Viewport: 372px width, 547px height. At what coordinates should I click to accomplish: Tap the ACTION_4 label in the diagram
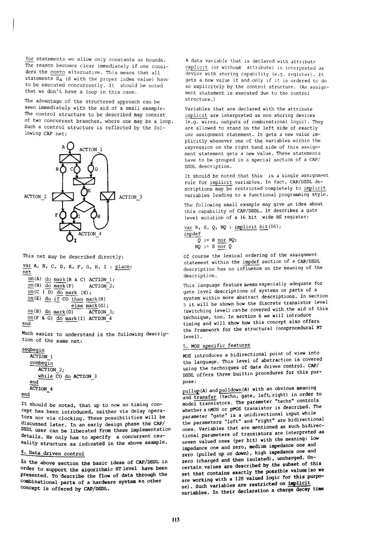click(90, 234)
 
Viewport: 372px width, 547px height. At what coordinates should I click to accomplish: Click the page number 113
click(176, 520)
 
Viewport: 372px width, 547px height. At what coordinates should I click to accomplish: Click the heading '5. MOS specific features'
click(217, 346)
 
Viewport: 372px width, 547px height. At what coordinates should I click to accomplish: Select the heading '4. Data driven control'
click(53, 453)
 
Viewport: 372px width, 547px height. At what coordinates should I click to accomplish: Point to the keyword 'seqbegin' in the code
click(33, 350)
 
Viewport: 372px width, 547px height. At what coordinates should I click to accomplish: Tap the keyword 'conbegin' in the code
click(41, 363)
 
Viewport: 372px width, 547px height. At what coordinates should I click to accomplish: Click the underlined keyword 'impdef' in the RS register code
click(192, 234)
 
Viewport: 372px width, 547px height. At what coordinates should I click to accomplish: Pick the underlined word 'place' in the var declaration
click(122, 266)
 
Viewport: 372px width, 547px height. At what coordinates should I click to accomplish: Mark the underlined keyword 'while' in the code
click(45, 376)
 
